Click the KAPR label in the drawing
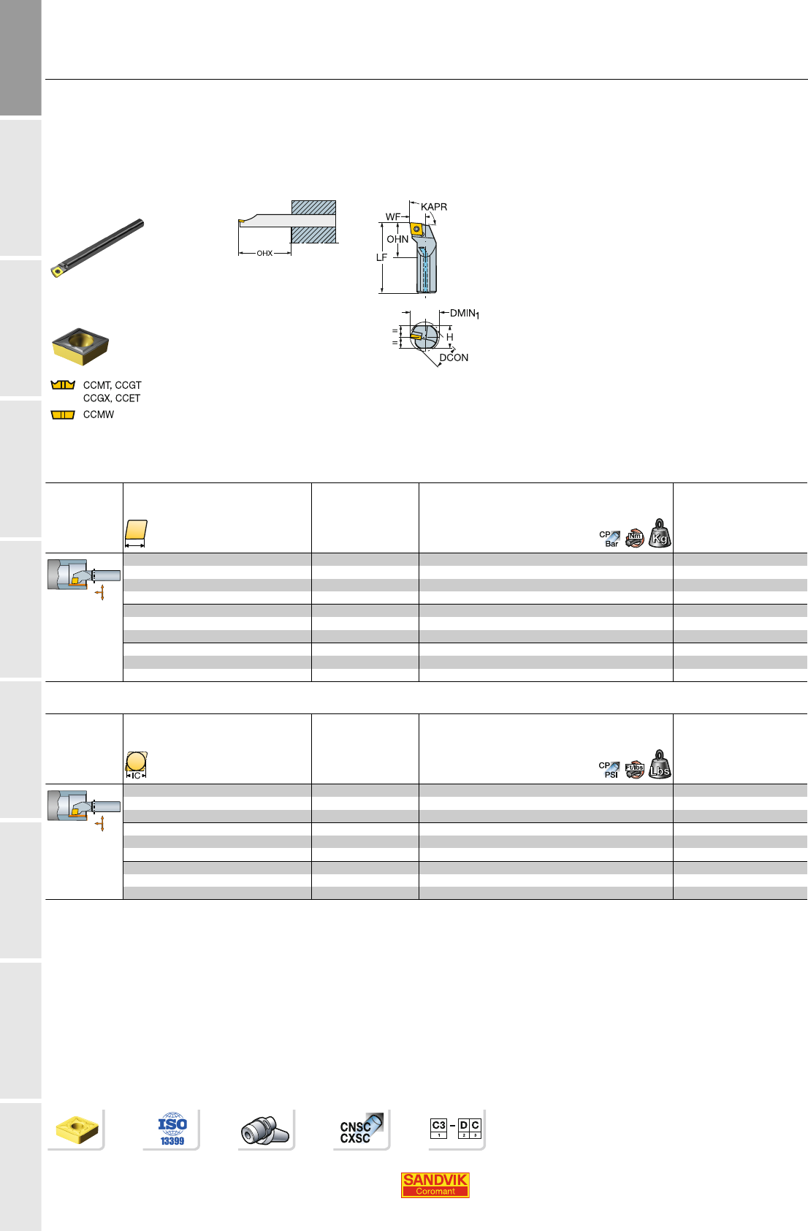coord(434,207)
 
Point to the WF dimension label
coord(393,217)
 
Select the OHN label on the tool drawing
coord(397,239)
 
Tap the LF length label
coord(381,257)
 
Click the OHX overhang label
coord(264,254)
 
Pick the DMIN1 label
coord(465,314)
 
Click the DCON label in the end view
coord(454,357)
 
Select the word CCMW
coord(99,414)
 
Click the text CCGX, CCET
coord(112,398)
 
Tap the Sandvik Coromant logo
coord(435,1184)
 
